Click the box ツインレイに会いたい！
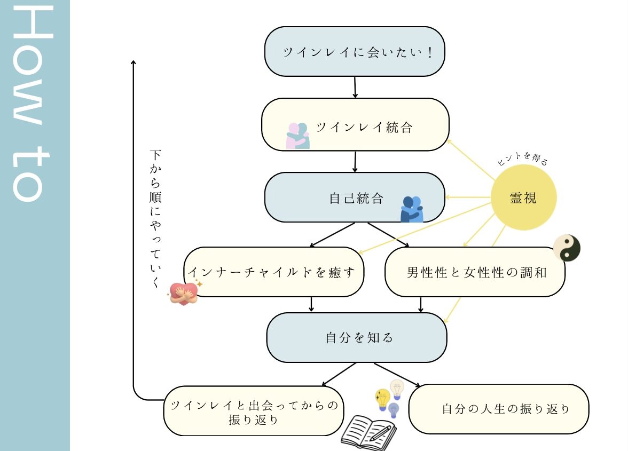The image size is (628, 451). pos(355,52)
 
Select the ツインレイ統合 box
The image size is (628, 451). pos(355,124)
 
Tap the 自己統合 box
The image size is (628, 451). pos(355,197)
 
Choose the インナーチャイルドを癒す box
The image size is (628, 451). pos(273,272)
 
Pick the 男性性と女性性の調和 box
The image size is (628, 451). pos(475,272)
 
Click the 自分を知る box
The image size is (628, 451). pos(356,338)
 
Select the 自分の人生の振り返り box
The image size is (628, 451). pos(499,409)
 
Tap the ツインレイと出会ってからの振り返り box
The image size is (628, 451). pos(254,412)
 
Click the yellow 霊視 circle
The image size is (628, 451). pos(523,198)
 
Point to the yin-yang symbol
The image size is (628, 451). pos(567,248)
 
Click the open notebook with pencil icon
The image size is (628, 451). pos(368,433)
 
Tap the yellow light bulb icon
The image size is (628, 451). pos(382,399)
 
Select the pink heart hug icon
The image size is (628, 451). pos(183,292)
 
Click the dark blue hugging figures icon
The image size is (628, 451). pos(412,209)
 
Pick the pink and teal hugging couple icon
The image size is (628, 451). pos(297,136)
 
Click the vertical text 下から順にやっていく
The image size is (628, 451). pos(155,219)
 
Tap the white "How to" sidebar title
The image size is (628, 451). pos(34,104)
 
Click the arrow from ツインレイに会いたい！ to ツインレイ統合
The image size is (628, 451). pos(355,87)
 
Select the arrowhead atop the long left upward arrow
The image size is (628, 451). pos(134,62)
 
